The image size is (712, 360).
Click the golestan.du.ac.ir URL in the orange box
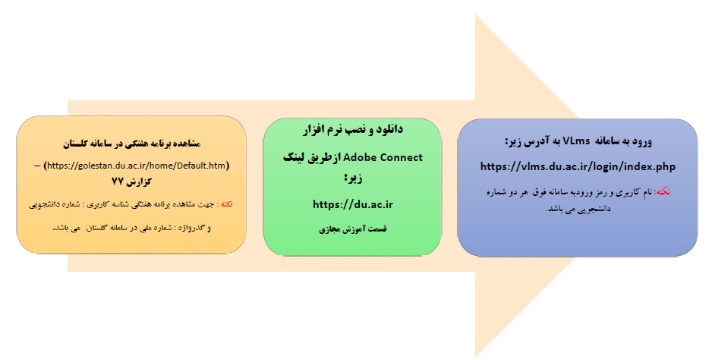137,166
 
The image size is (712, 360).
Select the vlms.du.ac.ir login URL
578,167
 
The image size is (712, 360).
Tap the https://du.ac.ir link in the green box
352,204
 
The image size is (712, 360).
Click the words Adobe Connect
383,157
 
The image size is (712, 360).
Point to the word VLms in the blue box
576,141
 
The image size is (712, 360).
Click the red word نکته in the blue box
662,192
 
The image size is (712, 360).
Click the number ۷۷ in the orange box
118,182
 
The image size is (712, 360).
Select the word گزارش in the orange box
139,182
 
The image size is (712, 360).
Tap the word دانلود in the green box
389,130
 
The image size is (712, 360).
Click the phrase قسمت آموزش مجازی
352,229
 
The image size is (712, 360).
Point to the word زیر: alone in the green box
353,178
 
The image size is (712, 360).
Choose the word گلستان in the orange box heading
74,144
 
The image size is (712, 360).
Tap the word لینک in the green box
294,158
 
